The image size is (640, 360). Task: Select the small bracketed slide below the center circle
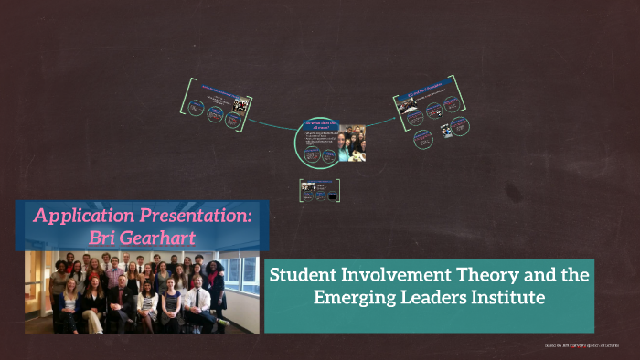(321, 190)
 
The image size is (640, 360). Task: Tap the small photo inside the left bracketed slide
(240, 104)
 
